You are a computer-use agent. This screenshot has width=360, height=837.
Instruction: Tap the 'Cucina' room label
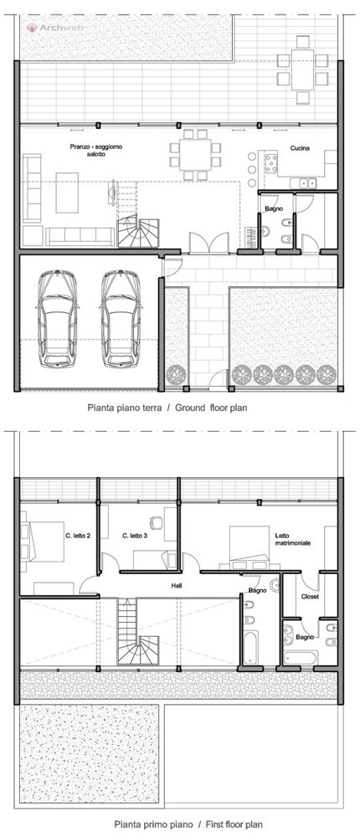300,148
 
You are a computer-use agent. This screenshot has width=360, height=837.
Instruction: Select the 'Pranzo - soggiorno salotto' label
88,150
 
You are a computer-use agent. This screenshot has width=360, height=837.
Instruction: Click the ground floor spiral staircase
138,233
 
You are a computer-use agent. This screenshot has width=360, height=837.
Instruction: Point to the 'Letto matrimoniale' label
293,539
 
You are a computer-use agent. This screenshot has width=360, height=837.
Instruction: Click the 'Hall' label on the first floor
177,586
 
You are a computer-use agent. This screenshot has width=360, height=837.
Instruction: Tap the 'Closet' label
310,597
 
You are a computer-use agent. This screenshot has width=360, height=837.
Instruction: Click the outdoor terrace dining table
303,70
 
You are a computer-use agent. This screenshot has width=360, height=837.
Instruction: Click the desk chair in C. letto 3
156,522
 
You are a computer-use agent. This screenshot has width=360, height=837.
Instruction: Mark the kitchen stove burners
270,163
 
